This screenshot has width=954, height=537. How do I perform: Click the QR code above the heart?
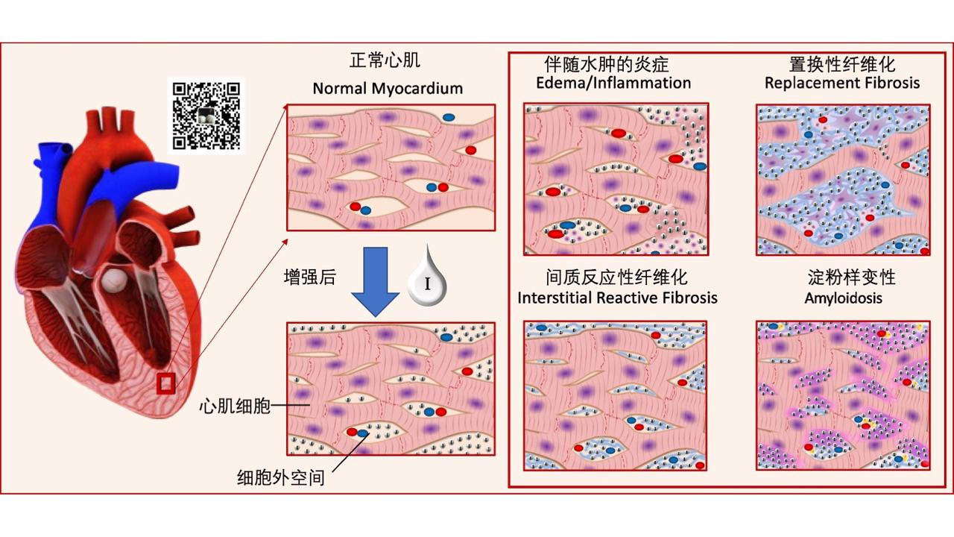tap(208, 115)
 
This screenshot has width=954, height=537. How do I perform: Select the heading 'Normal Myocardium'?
tap(388, 88)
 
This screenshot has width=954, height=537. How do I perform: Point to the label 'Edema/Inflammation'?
tap(613, 82)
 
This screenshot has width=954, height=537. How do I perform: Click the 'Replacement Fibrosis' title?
tap(842, 82)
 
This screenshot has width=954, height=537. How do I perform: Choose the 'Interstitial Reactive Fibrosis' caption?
tap(617, 298)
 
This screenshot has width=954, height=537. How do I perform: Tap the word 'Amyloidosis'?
tap(843, 298)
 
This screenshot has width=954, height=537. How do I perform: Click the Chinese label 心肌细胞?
tap(233, 406)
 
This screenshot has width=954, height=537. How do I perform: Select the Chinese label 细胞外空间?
tap(280, 477)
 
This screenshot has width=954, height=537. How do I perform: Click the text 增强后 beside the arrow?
tap(310, 278)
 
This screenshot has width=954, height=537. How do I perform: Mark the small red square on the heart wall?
tap(165, 383)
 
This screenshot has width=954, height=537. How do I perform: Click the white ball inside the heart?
tap(114, 280)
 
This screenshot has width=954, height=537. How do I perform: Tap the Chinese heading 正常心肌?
tap(390, 60)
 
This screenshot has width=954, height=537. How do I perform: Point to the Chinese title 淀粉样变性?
tap(852, 277)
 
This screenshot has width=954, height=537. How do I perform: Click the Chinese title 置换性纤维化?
tap(842, 63)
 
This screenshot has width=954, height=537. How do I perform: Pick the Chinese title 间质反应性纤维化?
tap(616, 277)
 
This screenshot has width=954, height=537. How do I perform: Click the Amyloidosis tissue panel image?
tap(843, 395)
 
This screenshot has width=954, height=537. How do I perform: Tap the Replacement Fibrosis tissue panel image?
tap(842, 179)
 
